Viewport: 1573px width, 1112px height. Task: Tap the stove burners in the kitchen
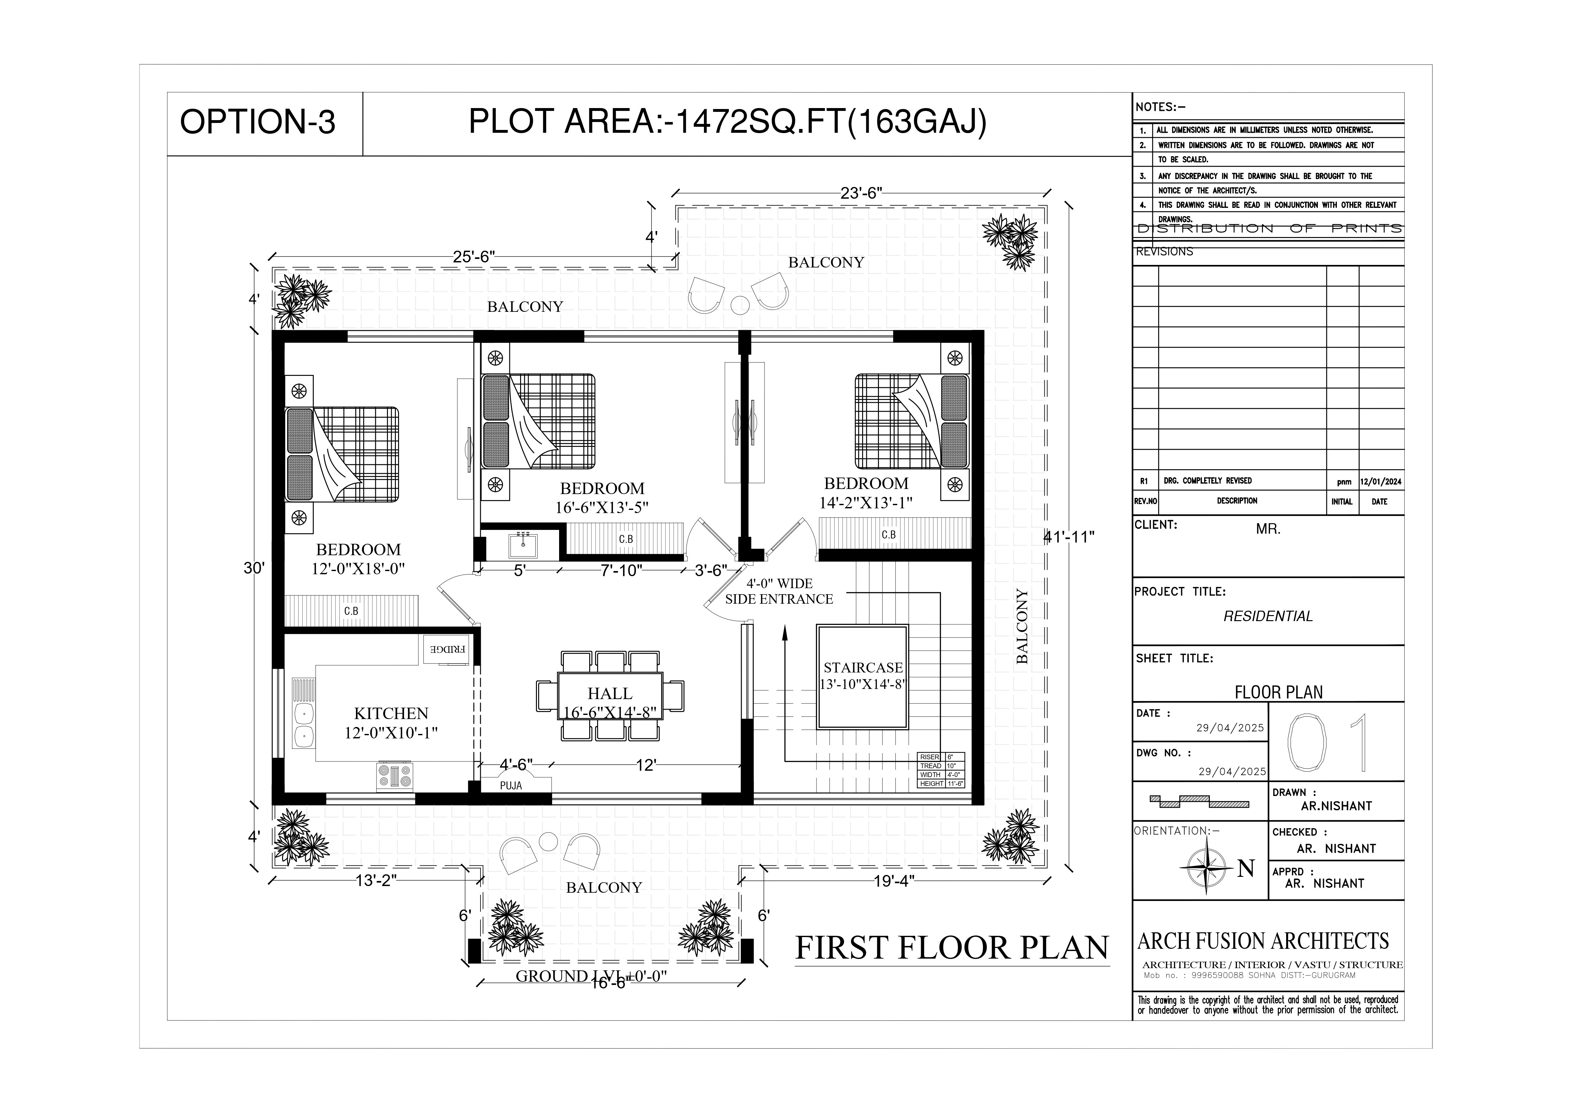pos(395,776)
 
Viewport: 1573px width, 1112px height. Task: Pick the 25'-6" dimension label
pos(474,257)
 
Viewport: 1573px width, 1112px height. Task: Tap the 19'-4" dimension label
pos(894,881)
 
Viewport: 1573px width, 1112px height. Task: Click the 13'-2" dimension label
pos(376,881)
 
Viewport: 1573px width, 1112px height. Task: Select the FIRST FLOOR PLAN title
pos(951,948)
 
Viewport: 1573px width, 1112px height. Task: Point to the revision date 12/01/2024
pos(1381,482)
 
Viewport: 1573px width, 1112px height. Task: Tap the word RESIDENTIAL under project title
pos(1268,617)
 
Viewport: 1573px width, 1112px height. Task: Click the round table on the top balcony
pos(740,305)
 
